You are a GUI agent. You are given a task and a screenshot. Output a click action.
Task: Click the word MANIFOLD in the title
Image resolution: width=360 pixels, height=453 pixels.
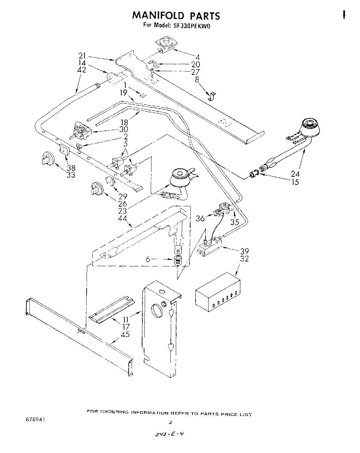point(158,16)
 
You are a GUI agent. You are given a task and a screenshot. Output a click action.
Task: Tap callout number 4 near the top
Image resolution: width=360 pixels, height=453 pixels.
point(198,57)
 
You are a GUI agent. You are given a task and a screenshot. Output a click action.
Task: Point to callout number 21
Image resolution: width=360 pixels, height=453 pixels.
point(82,56)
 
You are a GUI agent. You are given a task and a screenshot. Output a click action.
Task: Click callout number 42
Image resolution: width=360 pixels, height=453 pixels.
point(82,70)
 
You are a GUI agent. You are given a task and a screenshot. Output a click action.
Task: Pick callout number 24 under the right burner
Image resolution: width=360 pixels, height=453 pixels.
point(295,174)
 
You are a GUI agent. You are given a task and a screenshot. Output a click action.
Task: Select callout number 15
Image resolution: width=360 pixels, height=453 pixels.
point(295,182)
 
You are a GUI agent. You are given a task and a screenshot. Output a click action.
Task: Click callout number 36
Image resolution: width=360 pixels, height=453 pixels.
point(200,219)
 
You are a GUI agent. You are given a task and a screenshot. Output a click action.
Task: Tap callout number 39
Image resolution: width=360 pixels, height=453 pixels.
point(244,251)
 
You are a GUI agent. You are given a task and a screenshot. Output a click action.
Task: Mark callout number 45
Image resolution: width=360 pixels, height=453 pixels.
point(125,334)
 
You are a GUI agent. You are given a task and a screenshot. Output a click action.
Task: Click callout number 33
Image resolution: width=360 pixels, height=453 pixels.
point(71,175)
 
